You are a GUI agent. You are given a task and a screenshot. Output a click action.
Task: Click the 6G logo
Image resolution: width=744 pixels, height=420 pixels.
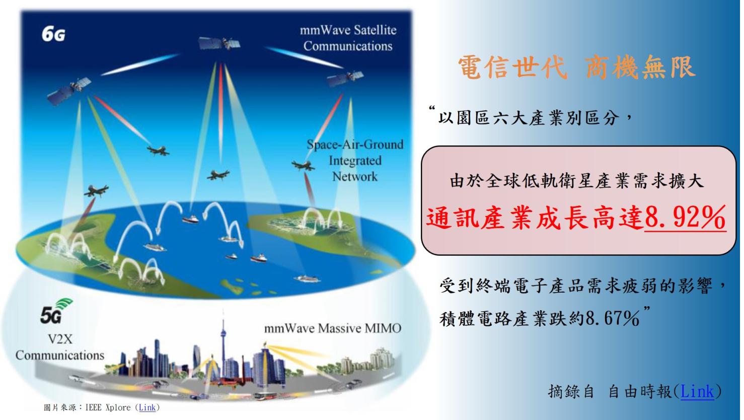click(x=53, y=34)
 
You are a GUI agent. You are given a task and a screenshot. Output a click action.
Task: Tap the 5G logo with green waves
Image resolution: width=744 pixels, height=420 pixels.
click(x=56, y=311)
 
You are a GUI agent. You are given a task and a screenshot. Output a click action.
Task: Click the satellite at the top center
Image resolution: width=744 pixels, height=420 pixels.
click(x=219, y=43)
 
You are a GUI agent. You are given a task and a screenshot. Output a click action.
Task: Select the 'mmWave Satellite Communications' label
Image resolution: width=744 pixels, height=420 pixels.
click(x=348, y=38)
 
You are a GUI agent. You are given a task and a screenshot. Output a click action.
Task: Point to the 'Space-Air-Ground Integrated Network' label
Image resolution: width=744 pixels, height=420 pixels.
click(x=355, y=161)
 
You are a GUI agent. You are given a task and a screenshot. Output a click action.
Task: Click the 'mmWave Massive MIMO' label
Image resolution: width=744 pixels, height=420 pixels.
click(x=333, y=329)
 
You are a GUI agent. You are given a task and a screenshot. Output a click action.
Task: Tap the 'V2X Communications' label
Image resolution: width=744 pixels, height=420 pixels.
click(x=60, y=347)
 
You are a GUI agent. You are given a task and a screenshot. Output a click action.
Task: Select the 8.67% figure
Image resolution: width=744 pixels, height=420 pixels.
click(x=613, y=319)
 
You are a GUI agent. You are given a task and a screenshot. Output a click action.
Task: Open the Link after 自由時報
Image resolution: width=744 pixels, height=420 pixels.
click(x=697, y=391)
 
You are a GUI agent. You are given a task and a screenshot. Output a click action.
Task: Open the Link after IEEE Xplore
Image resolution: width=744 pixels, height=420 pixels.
click(x=147, y=407)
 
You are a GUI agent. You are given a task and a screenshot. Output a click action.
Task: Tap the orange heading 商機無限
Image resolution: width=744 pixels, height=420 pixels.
click(x=640, y=67)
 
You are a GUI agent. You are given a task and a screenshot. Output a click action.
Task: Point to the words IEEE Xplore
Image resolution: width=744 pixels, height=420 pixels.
click(x=108, y=407)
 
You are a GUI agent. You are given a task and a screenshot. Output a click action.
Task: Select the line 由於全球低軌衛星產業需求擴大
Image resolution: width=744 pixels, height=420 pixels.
click(x=577, y=181)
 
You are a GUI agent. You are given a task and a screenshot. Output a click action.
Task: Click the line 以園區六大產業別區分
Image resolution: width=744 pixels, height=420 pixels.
click(x=529, y=118)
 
